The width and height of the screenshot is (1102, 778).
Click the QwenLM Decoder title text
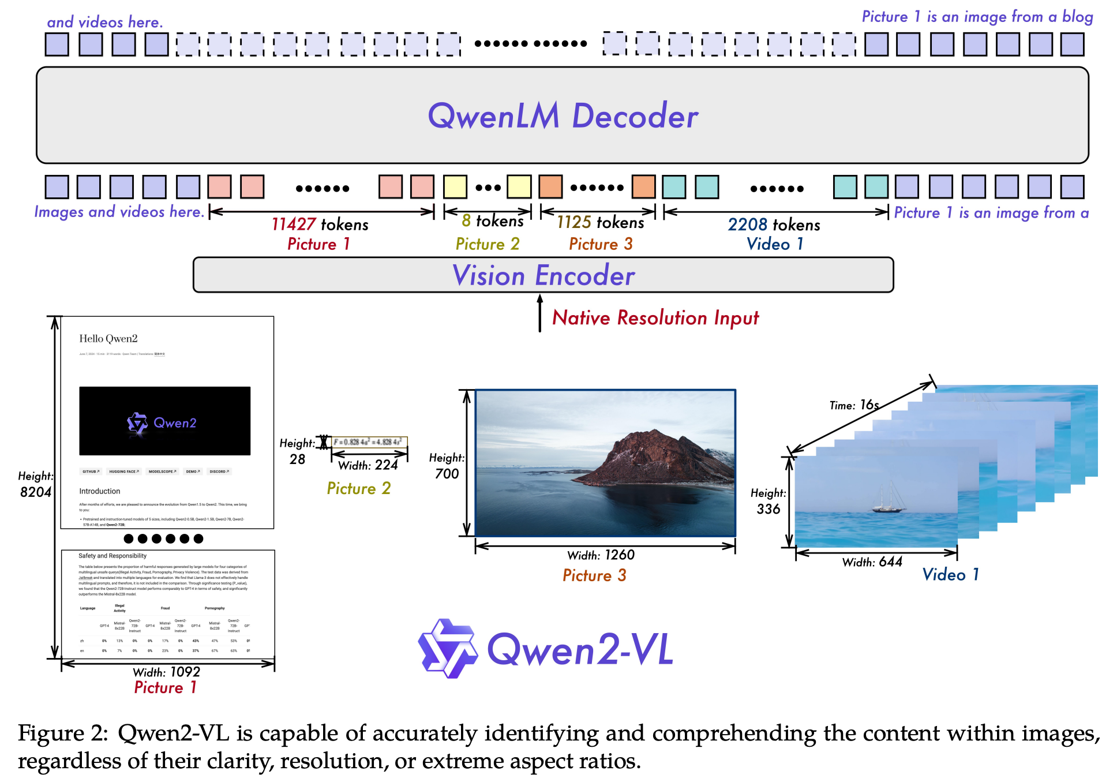[x=563, y=116]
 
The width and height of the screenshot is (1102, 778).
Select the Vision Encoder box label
[x=543, y=275]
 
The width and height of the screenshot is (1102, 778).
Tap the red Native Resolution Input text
[x=655, y=318]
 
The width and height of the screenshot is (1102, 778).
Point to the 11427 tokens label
[x=320, y=224]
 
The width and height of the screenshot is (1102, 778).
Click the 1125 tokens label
[x=600, y=222]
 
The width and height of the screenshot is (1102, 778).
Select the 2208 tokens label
[x=774, y=225]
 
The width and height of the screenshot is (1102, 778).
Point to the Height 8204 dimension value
[x=36, y=492]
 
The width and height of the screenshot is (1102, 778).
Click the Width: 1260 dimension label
[x=601, y=555]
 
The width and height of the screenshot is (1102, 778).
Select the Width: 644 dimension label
[x=872, y=562]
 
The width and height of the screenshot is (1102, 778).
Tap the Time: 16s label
[x=854, y=405]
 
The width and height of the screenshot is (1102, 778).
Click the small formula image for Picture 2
[x=369, y=442]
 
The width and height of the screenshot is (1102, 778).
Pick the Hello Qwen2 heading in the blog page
[x=108, y=339]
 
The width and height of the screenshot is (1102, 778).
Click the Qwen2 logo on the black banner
[x=162, y=423]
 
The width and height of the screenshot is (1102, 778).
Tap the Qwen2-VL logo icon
[x=448, y=648]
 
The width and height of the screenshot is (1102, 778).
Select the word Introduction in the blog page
[x=100, y=491]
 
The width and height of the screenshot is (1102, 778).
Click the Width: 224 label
[x=368, y=465]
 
